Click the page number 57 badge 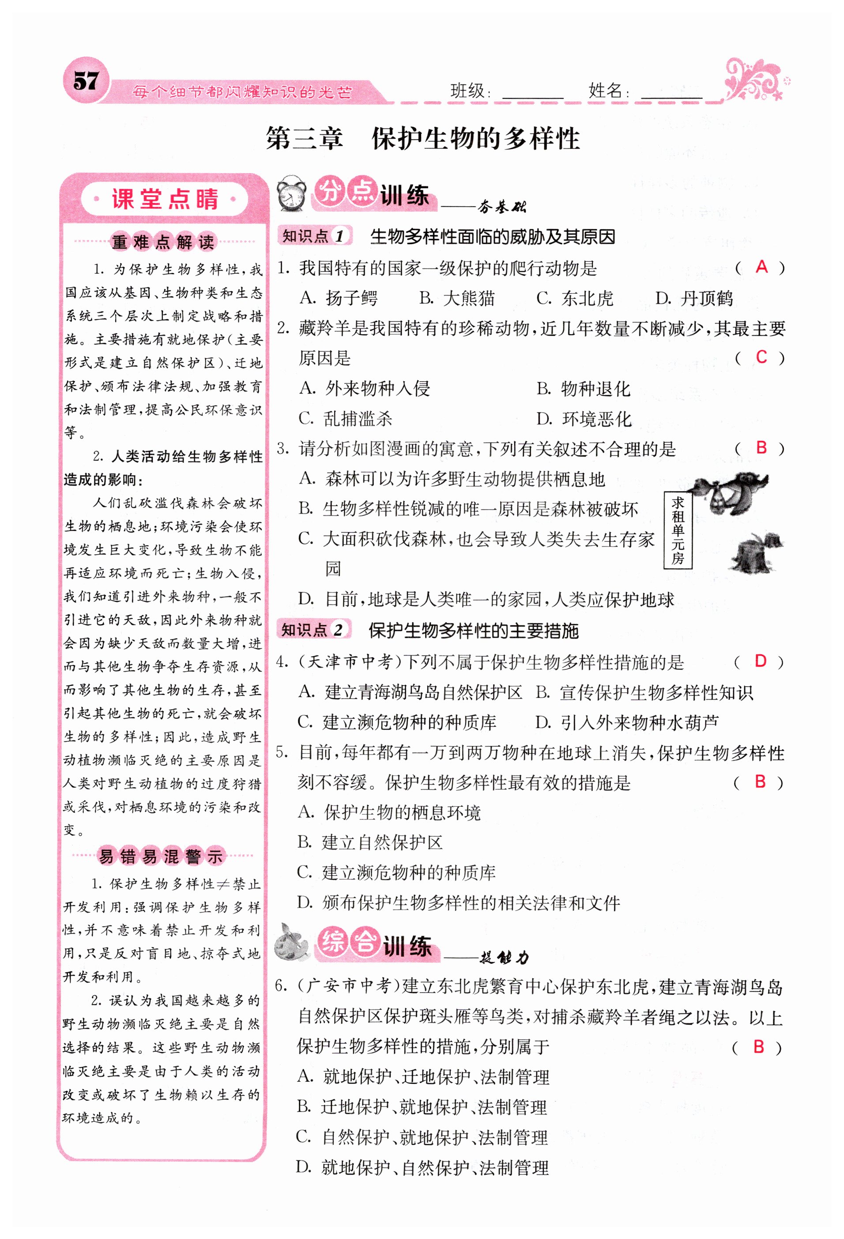point(85,82)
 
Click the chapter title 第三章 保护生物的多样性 point(422,139)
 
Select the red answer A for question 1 point(761,267)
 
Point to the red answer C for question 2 point(761,357)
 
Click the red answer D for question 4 point(760,661)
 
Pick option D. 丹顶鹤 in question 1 point(694,298)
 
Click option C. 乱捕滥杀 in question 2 point(346,419)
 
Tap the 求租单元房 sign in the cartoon point(678,530)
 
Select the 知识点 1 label point(314,236)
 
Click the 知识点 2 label point(313,630)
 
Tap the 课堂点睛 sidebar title point(165,200)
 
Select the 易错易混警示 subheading point(161,856)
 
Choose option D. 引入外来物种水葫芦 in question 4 point(627,722)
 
